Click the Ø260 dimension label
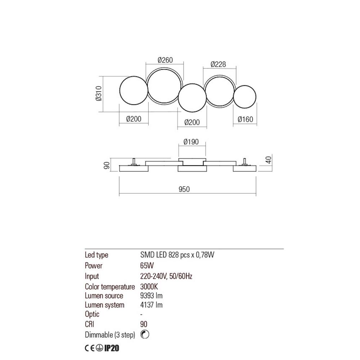point(165,60)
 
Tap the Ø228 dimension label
point(218,64)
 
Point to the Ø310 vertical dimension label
point(99,94)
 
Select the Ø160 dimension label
point(246,120)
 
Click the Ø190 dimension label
point(191,142)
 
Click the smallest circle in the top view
point(245,96)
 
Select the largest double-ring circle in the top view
point(164,85)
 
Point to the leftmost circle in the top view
point(133,90)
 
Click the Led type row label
point(96,255)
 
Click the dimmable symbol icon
point(145,334)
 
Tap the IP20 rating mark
point(112,348)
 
